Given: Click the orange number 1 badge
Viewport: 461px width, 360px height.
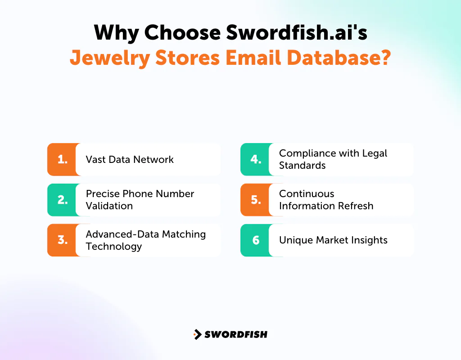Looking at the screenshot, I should click(x=62, y=159).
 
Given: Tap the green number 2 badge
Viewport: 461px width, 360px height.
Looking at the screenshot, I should click(x=62, y=200).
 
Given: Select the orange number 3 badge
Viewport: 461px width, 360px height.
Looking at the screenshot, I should click(x=62, y=240).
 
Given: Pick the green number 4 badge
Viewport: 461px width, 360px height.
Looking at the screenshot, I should click(x=256, y=159).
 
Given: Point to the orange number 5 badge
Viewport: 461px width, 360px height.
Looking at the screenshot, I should click(x=256, y=200).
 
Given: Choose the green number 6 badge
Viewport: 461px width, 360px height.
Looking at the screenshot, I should click(x=256, y=240).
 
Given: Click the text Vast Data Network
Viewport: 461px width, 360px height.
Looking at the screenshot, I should click(x=130, y=159).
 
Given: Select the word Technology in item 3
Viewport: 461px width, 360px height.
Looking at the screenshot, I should click(x=114, y=247).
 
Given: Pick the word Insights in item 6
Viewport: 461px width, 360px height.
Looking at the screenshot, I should click(x=369, y=240).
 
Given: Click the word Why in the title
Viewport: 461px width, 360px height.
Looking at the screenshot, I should click(x=116, y=33).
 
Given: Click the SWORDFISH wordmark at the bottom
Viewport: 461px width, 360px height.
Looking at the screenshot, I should click(x=236, y=334).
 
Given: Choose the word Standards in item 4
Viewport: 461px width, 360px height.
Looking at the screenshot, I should click(x=302, y=166).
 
